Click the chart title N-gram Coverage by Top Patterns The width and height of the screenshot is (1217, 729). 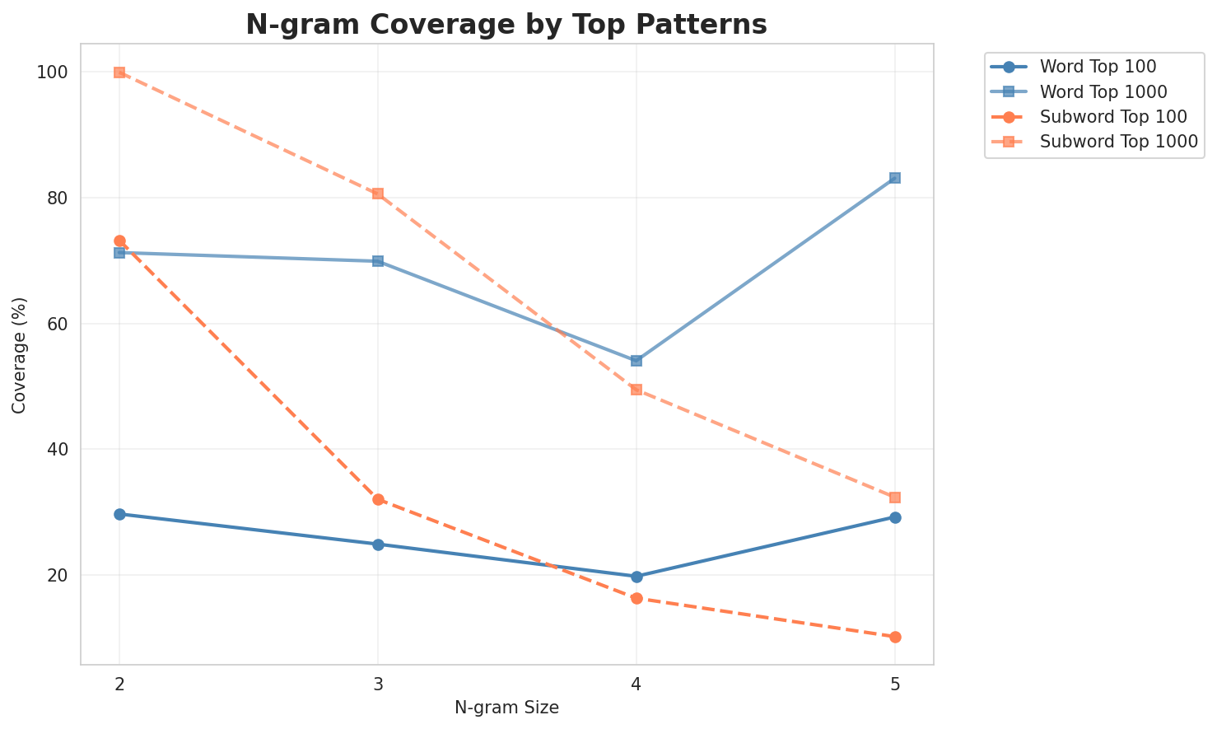pyautogui.click(x=506, y=25)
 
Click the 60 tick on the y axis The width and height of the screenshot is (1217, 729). pyautogui.click(x=58, y=324)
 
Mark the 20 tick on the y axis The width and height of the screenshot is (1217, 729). pyautogui.click(x=58, y=575)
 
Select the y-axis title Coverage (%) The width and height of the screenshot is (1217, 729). pyautogui.click(x=19, y=354)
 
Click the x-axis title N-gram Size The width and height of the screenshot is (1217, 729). pyautogui.click(x=506, y=708)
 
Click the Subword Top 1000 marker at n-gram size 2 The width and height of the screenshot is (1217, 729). pyautogui.click(x=119, y=72)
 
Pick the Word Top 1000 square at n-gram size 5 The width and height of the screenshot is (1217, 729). pyautogui.click(x=895, y=178)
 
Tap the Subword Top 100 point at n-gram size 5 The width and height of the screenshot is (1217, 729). pyautogui.click(x=895, y=637)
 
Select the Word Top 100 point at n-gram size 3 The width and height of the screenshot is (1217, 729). pyautogui.click(x=378, y=544)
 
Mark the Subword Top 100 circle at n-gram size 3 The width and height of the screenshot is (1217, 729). pyautogui.click(x=378, y=499)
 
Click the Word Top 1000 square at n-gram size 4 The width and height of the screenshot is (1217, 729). pyautogui.click(x=636, y=361)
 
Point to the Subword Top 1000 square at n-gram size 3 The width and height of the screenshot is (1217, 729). pyautogui.click(x=378, y=194)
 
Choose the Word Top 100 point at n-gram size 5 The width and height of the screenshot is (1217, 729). pyautogui.click(x=895, y=517)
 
